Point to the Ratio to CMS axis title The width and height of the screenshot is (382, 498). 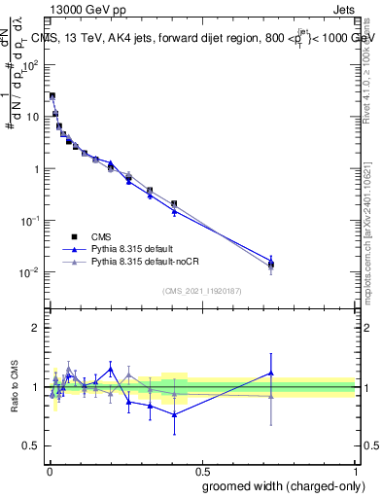click(15, 386)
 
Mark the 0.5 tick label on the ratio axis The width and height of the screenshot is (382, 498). click(30, 446)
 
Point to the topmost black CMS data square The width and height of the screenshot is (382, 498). click(52, 96)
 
